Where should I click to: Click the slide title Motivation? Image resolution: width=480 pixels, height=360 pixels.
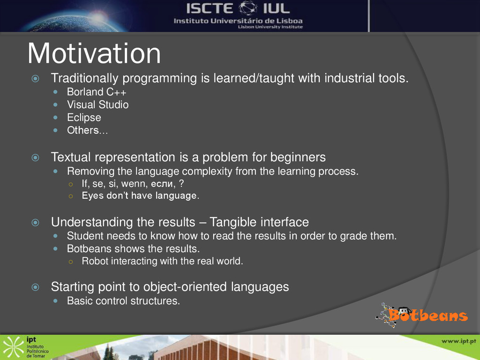click(x=94, y=53)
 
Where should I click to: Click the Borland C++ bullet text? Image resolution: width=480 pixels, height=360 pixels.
click(x=97, y=92)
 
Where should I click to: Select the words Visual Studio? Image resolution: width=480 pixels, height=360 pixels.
click(x=97, y=105)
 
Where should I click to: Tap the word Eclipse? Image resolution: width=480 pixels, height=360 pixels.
click(x=84, y=118)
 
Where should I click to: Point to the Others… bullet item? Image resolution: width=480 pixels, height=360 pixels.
click(x=87, y=130)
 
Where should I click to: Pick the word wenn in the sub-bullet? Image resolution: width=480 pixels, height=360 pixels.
click(x=135, y=184)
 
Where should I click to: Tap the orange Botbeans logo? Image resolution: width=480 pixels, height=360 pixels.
click(x=422, y=315)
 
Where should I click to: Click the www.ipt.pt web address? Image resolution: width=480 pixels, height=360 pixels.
click(x=458, y=341)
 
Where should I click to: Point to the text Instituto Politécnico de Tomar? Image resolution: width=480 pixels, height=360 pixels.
click(x=37, y=351)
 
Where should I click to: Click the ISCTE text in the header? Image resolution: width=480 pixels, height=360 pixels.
click(x=210, y=8)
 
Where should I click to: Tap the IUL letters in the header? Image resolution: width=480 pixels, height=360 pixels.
click(x=276, y=8)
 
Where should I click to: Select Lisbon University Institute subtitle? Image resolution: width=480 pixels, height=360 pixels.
click(x=270, y=27)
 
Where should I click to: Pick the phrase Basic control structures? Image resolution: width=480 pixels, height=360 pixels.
click(x=123, y=301)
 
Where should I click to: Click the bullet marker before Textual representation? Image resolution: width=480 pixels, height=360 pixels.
click(x=36, y=157)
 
